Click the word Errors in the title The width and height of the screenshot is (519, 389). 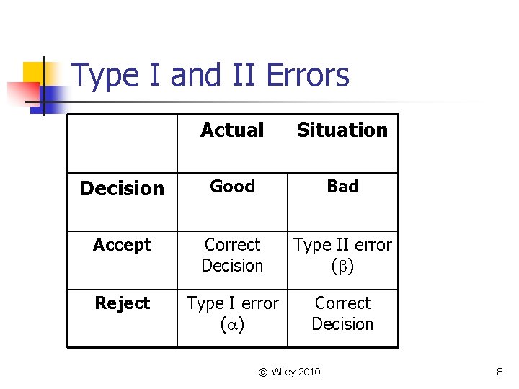308,75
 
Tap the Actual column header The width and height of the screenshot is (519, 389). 232,130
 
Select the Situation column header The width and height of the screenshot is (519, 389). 342,130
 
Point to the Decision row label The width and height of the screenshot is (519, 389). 122,189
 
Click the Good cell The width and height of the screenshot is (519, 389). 232,187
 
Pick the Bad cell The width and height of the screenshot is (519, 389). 342,187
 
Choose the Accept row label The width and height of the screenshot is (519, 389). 122,245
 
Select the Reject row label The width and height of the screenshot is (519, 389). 122,303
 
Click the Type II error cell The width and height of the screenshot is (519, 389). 342,255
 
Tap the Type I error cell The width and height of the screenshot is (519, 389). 232,313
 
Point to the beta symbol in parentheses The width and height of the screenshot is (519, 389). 342,267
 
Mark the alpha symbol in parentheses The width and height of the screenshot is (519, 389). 232,325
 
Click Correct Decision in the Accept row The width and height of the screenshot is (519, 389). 232,255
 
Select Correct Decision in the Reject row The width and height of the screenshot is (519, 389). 342,313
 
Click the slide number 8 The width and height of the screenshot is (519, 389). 500,372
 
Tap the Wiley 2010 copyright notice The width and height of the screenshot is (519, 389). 289,372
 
